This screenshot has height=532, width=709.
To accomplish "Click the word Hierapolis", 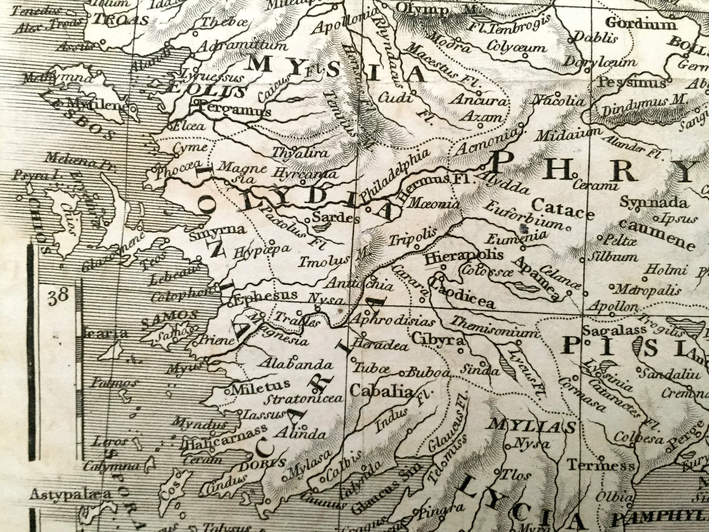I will point(464,256).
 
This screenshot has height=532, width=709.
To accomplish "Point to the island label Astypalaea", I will point(70,494).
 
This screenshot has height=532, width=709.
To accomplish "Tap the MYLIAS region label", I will point(531,426).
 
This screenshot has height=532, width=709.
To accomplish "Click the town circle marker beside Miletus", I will point(227,391).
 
